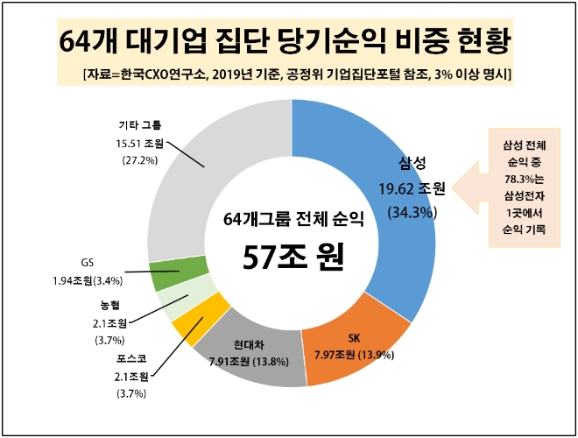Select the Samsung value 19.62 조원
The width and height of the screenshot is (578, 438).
pyautogui.click(x=412, y=187)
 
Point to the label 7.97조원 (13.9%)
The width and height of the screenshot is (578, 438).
pyautogui.click(x=355, y=355)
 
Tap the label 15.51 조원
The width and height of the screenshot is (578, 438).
pyautogui.click(x=140, y=144)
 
